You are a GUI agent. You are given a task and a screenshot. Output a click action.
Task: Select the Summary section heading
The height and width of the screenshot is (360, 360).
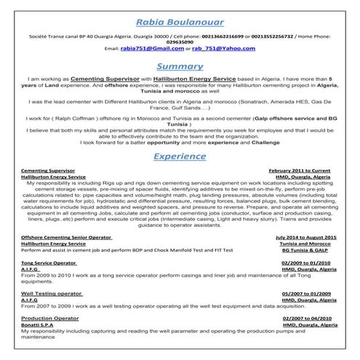click(x=179, y=65)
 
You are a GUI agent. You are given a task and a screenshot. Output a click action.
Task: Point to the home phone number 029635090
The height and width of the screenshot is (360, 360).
click(x=179, y=41)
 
